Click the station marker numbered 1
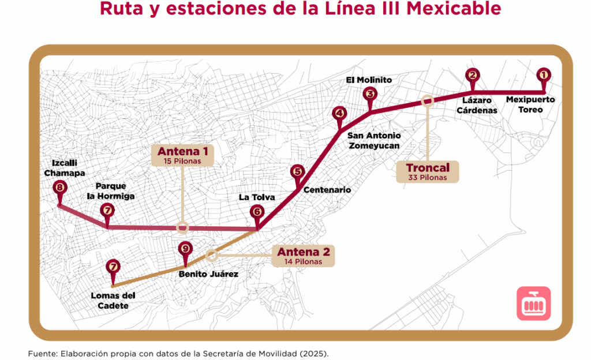click(x=543, y=75)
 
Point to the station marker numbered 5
click(x=297, y=171)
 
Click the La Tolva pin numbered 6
click(x=257, y=212)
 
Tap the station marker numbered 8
click(x=59, y=188)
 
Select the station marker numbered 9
click(x=185, y=249)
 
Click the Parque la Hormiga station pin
click(x=107, y=211)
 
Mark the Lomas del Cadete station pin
click(x=113, y=267)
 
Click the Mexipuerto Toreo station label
click(x=530, y=104)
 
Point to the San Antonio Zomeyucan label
click(x=374, y=141)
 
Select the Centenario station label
click(x=327, y=190)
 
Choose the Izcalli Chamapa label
click(x=65, y=168)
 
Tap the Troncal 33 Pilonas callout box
click(x=428, y=171)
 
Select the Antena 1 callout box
click(x=182, y=155)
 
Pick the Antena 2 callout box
click(x=304, y=256)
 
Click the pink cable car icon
click(x=533, y=303)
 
